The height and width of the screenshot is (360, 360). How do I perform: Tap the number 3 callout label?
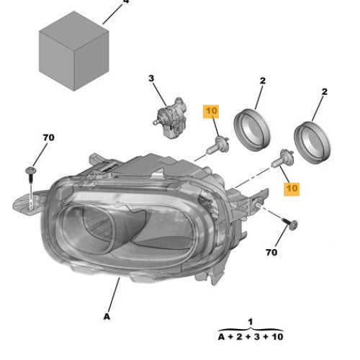pyautogui.click(x=152, y=78)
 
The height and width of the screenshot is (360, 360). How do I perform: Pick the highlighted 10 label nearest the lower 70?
pyautogui.click(x=292, y=188)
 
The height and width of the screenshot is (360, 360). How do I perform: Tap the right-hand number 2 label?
pyautogui.click(x=325, y=91)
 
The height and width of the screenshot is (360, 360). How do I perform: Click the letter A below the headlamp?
pyautogui.click(x=107, y=315)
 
